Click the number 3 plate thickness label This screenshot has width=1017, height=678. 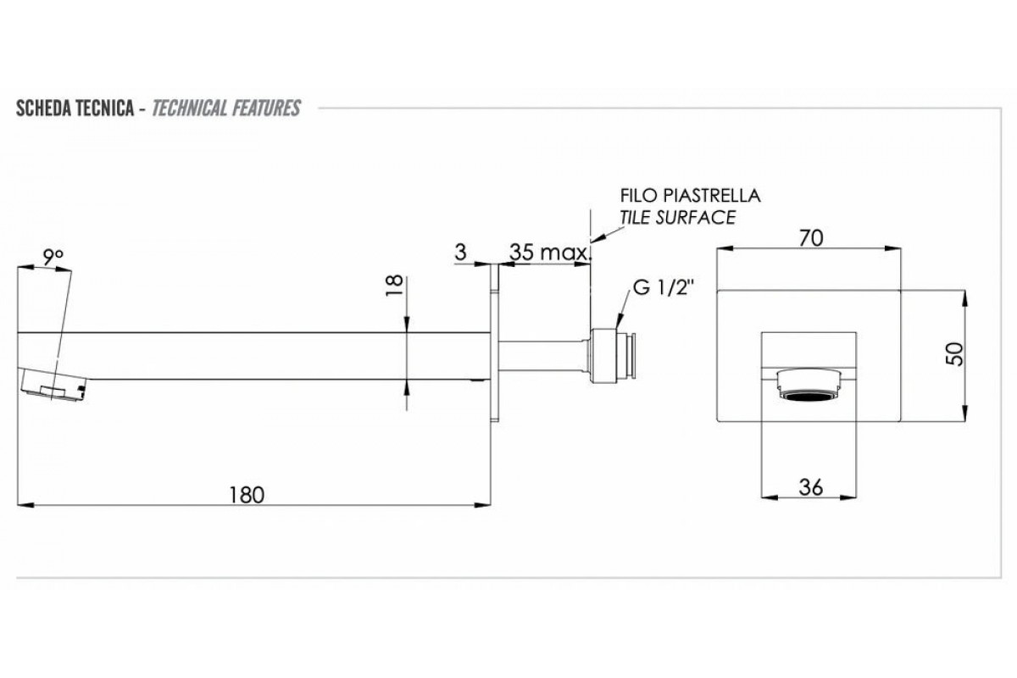461,253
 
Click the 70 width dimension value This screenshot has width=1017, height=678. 811,238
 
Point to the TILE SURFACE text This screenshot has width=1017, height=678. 677,217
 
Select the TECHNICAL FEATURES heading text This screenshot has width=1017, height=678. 225,108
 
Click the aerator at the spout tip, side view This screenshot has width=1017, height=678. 53,385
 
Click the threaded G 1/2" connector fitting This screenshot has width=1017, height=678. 614,350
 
